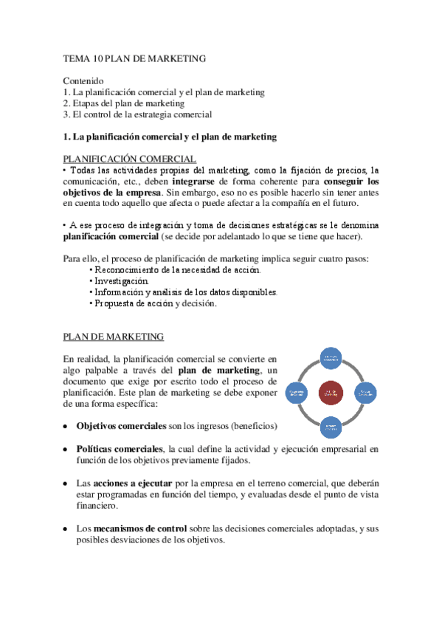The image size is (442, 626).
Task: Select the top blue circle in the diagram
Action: tap(330, 358)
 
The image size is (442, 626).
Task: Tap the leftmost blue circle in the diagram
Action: tap(297, 392)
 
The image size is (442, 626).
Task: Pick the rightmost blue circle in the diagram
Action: tap(364, 392)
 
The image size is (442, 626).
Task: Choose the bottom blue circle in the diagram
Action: tap(330, 426)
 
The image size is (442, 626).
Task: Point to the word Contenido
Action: tap(83, 80)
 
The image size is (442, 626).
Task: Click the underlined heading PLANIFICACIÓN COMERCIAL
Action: tap(129, 159)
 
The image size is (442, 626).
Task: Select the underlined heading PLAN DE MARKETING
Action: tap(113, 337)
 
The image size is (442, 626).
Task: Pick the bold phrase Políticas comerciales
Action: tap(120, 449)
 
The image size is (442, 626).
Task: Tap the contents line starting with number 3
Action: tap(137, 114)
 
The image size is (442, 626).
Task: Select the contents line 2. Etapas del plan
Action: tap(123, 103)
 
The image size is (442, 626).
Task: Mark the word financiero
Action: tap(97, 506)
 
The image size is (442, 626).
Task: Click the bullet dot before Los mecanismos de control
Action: tap(66, 529)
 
